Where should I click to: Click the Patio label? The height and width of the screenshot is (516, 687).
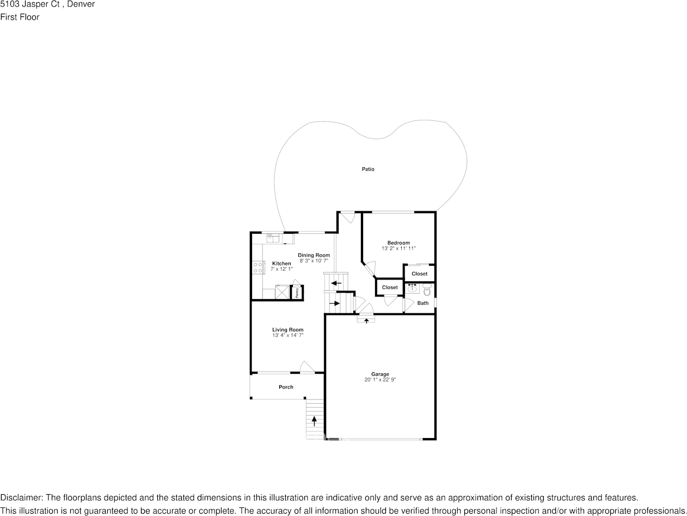pos(368,169)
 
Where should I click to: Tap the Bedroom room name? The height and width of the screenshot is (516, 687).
pos(398,243)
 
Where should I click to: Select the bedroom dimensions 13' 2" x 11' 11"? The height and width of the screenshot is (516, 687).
pos(398,248)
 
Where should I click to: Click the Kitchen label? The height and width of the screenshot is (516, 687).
pos(281,264)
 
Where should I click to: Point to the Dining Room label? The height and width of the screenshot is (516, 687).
pos(314,255)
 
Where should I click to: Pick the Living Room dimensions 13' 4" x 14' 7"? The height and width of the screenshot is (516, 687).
pos(287,336)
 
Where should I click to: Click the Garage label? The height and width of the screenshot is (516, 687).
pos(380,374)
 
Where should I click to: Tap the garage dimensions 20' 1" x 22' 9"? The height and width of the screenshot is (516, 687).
pos(380,380)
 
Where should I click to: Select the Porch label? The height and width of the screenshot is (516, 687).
pos(286,387)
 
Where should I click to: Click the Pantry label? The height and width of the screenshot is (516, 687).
pos(297,293)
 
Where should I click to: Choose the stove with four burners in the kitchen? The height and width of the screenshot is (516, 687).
pos(258,268)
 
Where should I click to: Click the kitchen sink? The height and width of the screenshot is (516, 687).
pos(272,238)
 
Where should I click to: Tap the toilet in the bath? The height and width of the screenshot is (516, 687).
pos(427,291)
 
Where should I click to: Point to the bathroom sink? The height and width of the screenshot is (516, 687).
pos(413,288)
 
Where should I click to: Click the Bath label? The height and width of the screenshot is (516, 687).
pos(423,303)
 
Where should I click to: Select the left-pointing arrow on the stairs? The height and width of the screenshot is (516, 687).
pos(336,283)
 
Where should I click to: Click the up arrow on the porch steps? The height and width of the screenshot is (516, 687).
pos(314,420)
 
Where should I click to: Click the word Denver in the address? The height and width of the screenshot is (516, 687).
pos(81,5)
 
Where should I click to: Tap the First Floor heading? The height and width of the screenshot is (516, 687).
pos(20,17)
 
